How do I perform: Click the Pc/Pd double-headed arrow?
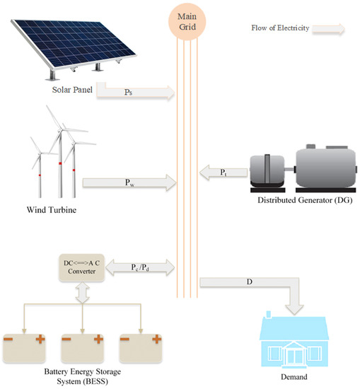[142, 266]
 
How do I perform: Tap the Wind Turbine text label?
[51, 210]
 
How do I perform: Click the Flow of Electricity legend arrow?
[330, 29]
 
